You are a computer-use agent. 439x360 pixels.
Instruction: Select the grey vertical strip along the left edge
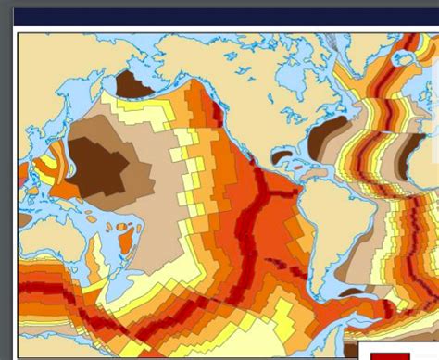pos(6,185)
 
